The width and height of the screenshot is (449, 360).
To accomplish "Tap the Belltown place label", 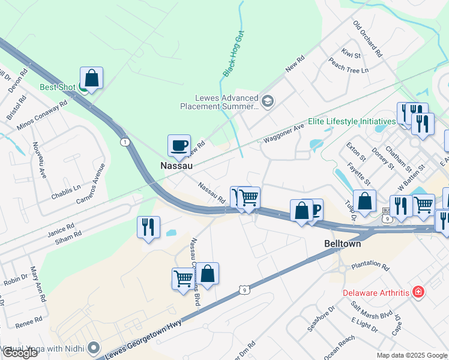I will pyautogui.click(x=342, y=244).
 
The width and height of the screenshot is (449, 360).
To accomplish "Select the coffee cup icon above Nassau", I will pyautogui.click(x=179, y=145).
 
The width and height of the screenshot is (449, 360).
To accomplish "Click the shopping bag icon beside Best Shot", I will pyautogui.click(x=91, y=78).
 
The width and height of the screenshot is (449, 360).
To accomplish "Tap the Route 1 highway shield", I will pyautogui.click(x=124, y=142).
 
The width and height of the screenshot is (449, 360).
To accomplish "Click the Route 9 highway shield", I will pyautogui.click(x=243, y=290).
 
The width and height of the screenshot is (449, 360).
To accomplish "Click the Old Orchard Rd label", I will pyautogui.click(x=367, y=39).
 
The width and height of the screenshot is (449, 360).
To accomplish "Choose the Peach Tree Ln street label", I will pyautogui.click(x=348, y=65).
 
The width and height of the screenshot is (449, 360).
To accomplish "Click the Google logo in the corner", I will pyautogui.click(x=20, y=353).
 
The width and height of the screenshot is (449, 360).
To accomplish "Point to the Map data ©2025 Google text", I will pyautogui.click(x=411, y=355).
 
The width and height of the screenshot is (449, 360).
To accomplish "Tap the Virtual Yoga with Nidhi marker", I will pyautogui.click(x=94, y=347).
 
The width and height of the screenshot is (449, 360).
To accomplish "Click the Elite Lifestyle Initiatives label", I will pyautogui.click(x=352, y=121).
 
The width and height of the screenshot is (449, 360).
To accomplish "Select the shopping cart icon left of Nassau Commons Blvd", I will pyautogui.click(x=182, y=278).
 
